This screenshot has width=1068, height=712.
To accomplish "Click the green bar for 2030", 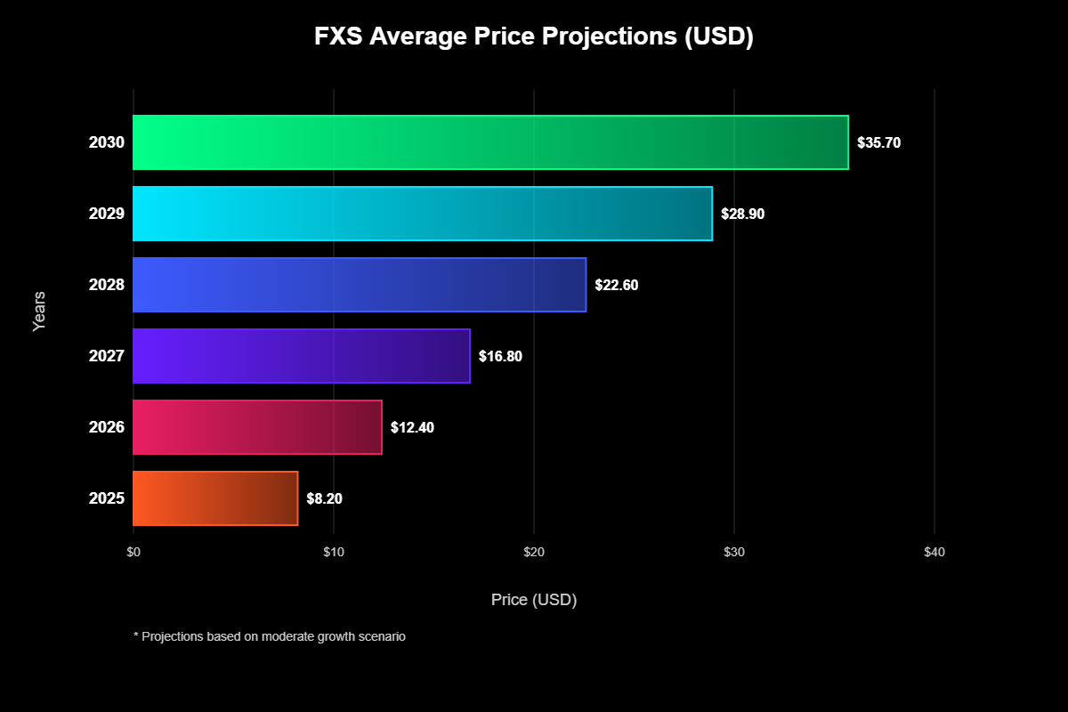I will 490,142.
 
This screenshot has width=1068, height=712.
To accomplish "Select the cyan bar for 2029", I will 423,214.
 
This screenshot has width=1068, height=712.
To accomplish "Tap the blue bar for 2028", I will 360,285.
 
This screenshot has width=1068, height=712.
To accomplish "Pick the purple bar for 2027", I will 302,356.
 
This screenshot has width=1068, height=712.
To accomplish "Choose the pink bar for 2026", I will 257,427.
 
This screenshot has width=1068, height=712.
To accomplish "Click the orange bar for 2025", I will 215,498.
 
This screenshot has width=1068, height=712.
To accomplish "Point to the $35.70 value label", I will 878,142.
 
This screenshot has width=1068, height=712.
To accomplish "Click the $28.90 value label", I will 742,214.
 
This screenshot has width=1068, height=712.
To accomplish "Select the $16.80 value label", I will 500,356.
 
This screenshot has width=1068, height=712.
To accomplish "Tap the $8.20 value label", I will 324,498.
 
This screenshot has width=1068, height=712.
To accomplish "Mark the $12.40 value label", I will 412,427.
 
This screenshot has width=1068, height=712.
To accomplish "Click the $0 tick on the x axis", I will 133,553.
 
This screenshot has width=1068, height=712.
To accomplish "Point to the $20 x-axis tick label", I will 534,553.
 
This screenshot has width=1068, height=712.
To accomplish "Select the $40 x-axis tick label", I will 934,553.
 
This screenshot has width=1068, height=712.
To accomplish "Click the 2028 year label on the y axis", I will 107,285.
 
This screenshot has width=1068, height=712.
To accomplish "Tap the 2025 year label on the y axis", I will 107,498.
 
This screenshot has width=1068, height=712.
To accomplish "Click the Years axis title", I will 39,311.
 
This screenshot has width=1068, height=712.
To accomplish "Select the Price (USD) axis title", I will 534,600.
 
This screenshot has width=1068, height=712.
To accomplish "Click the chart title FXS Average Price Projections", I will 534,37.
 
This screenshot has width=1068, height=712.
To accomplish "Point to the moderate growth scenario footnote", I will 270,637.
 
